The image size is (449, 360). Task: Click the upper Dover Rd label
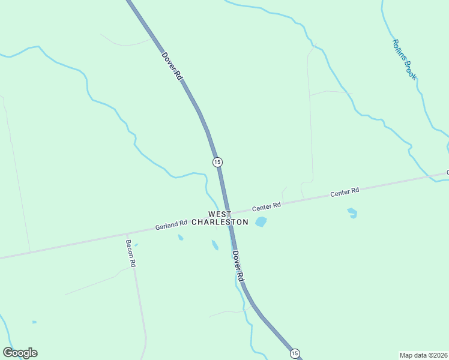pyautogui.click(x=172, y=66)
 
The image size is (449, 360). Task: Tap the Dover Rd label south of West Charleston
pyautogui.click(x=238, y=266)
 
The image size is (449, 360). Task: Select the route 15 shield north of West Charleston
pyautogui.click(x=217, y=162)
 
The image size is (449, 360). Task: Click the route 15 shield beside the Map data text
pyautogui.click(x=294, y=353)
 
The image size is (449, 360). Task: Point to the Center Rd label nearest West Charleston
pyautogui.click(x=267, y=207)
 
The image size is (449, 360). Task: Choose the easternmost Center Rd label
pyautogui.click(x=345, y=193)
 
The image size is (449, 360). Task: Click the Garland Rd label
pyautogui.click(x=171, y=225)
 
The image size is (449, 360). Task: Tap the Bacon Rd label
pyautogui.click(x=131, y=254)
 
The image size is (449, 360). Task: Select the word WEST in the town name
pyautogui.click(x=219, y=214)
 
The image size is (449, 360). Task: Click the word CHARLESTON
pyautogui.click(x=220, y=222)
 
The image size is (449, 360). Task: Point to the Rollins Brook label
pyautogui.click(x=405, y=59)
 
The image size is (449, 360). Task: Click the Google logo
pyautogui.click(x=20, y=353)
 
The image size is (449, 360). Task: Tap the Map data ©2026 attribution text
pyautogui.click(x=423, y=355)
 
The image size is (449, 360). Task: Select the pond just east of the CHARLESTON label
pyautogui.click(x=261, y=222)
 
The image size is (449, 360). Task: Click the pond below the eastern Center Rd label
pyautogui.click(x=352, y=212)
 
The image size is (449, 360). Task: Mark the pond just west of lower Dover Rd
pyautogui.click(x=215, y=245)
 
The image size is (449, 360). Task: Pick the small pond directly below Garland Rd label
pyautogui.click(x=180, y=238)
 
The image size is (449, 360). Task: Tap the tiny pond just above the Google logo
pyautogui.click(x=34, y=322)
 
